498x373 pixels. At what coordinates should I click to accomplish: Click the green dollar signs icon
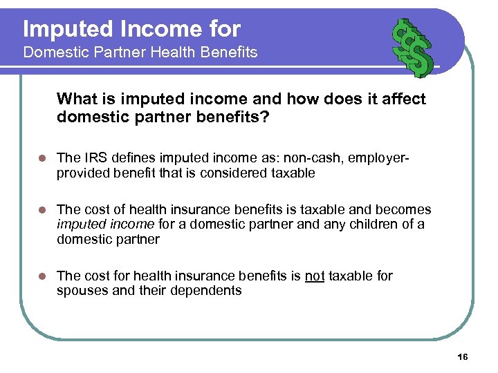coord(412,47)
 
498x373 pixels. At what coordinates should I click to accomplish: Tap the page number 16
coord(463,356)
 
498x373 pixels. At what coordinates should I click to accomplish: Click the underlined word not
coord(315,276)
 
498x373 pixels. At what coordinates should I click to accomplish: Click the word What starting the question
coord(77,99)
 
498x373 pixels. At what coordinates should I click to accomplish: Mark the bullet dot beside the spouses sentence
coord(41,276)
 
